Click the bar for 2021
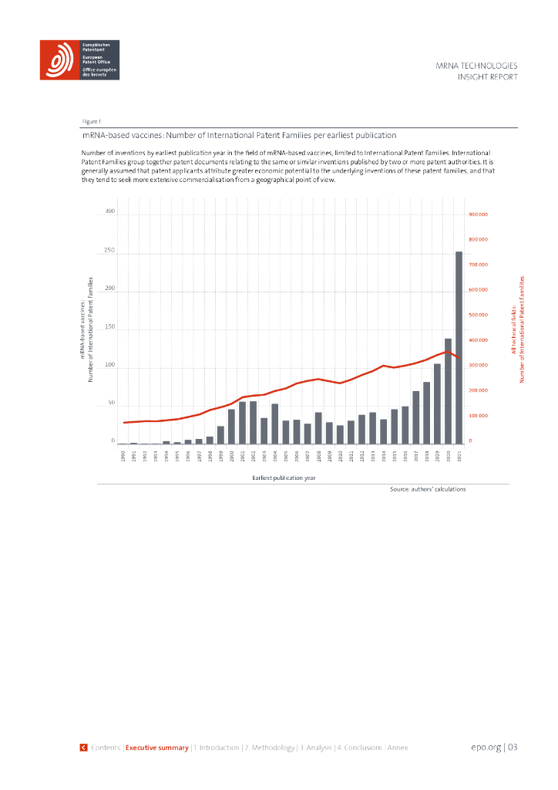tap(459, 347)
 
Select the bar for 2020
tap(448, 391)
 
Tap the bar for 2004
tap(275, 424)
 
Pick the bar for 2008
tap(318, 428)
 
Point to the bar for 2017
tap(415, 417)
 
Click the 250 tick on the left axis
tap(109, 251)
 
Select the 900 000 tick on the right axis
tap(478, 214)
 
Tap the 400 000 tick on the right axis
tap(478, 340)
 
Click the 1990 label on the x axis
tap(123, 457)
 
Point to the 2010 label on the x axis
tap(340, 457)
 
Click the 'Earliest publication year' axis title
tap(284, 478)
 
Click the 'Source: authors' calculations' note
tap(428, 489)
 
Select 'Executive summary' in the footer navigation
tap(157, 748)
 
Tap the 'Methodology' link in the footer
tap(270, 748)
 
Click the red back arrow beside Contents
tap(83, 748)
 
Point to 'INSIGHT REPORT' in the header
tap(487, 77)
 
